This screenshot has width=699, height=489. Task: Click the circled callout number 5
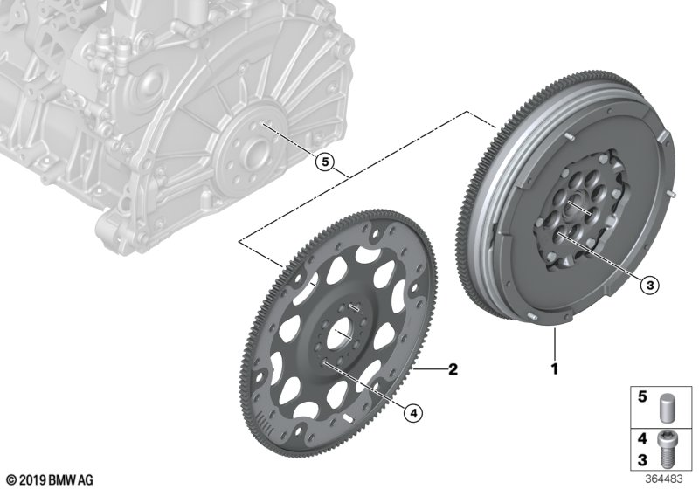tap(324, 162)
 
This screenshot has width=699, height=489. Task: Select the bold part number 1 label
tap(553, 369)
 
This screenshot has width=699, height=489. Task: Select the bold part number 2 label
tap(453, 370)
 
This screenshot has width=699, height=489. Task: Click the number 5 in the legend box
tap(641, 398)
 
